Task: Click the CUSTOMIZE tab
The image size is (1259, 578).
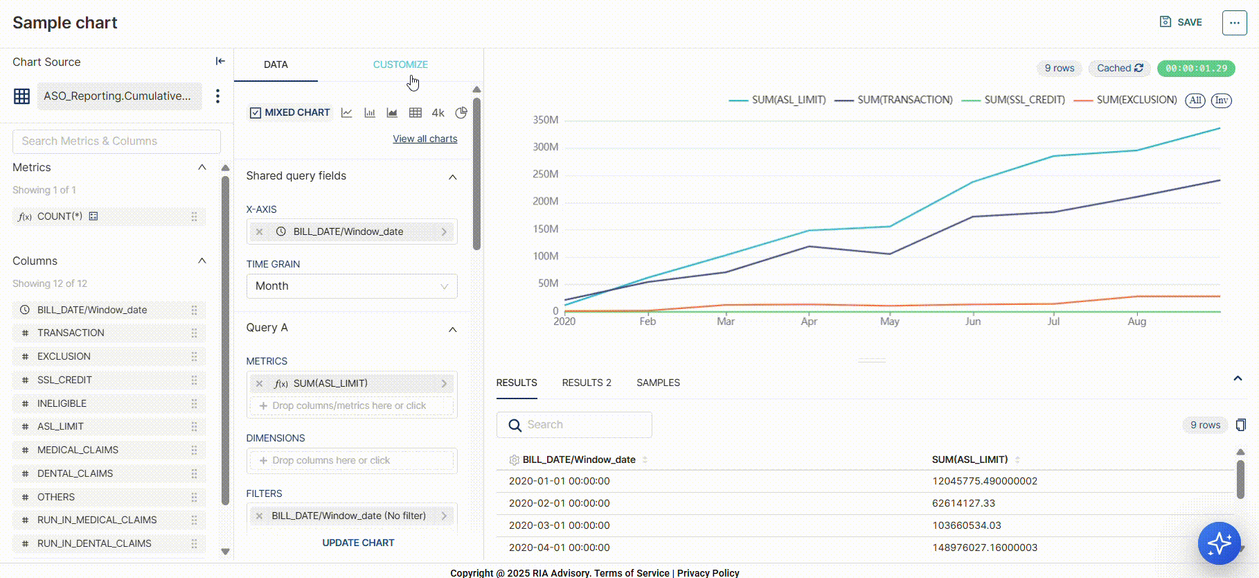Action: pyautogui.click(x=400, y=64)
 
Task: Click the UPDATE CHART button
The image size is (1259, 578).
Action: pyautogui.click(x=358, y=543)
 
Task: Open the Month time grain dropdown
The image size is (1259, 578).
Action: pyautogui.click(x=352, y=286)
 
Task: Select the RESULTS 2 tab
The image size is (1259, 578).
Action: pyautogui.click(x=587, y=383)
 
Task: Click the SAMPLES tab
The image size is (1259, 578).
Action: pyautogui.click(x=658, y=383)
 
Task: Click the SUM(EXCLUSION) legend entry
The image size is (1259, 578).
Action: pyautogui.click(x=1136, y=100)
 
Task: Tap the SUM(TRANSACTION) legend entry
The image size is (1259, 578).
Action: pyautogui.click(x=904, y=100)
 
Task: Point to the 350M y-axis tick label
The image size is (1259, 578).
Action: pyautogui.click(x=545, y=120)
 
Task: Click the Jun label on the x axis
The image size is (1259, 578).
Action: pyautogui.click(x=973, y=322)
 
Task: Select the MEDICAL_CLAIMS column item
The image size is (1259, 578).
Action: pyautogui.click(x=78, y=450)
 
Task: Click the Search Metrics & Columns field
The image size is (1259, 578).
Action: pyautogui.click(x=116, y=141)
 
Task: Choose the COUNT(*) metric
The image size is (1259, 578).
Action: pyautogui.click(x=60, y=216)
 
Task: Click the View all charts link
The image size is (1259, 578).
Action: pyautogui.click(x=425, y=139)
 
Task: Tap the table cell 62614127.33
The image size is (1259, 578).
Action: pyautogui.click(x=963, y=503)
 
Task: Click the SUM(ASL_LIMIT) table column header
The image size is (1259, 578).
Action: pyautogui.click(x=970, y=459)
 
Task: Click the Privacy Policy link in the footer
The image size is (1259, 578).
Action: pyautogui.click(x=708, y=572)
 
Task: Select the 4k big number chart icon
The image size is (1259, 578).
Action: pyautogui.click(x=438, y=112)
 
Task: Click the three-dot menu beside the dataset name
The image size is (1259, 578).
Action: pyautogui.click(x=217, y=96)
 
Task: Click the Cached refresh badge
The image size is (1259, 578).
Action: pyautogui.click(x=1119, y=68)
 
